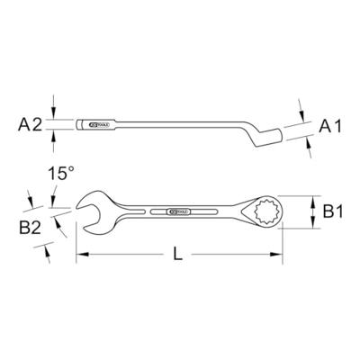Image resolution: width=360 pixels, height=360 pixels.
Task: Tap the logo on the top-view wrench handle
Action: click(178, 213)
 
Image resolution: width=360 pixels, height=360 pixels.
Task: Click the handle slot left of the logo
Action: click(144, 213)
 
